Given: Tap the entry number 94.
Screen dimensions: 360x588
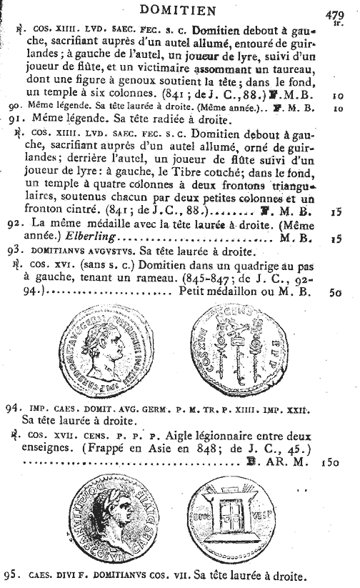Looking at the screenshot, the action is tap(11, 409).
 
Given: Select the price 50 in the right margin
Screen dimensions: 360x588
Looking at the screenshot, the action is tap(335, 292).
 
